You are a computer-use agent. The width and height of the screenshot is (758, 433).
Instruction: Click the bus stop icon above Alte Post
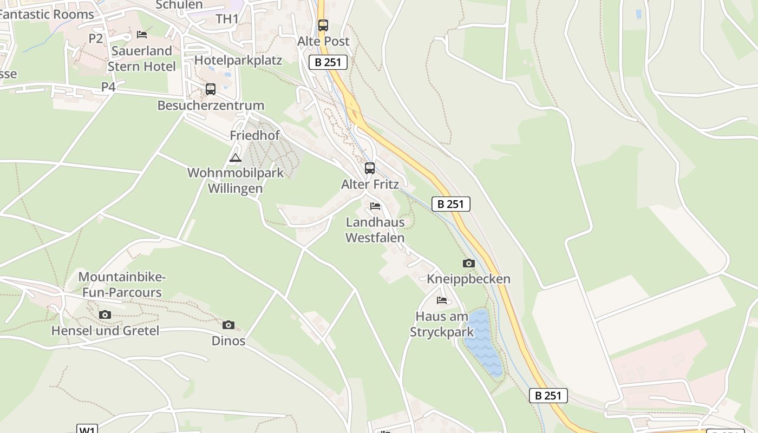pyautogui.click(x=323, y=25)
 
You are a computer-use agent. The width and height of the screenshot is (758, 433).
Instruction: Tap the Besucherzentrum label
pyautogui.click(x=211, y=105)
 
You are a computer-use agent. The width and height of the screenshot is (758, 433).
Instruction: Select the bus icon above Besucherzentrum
pyautogui.click(x=211, y=89)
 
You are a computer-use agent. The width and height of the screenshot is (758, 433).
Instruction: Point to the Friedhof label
pyautogui.click(x=254, y=135)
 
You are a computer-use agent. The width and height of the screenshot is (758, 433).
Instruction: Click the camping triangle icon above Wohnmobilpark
pyautogui.click(x=235, y=158)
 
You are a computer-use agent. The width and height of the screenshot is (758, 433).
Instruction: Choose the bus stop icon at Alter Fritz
pyautogui.click(x=370, y=168)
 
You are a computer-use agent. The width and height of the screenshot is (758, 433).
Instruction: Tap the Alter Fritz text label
pyautogui.click(x=370, y=184)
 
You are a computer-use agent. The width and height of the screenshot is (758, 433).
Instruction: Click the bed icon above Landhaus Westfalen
pyautogui.click(x=375, y=206)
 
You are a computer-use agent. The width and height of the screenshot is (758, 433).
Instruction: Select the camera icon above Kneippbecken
pyautogui.click(x=468, y=264)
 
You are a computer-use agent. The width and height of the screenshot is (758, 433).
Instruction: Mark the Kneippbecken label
pyautogui.click(x=468, y=279)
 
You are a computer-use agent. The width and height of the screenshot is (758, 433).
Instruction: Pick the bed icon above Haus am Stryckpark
pyautogui.click(x=442, y=300)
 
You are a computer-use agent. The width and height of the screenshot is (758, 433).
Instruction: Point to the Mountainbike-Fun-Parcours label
pyautogui.click(x=122, y=285)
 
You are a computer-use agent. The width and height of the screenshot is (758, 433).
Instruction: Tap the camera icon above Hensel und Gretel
pyautogui.click(x=105, y=314)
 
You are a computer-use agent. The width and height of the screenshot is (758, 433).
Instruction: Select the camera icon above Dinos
pyautogui.click(x=228, y=325)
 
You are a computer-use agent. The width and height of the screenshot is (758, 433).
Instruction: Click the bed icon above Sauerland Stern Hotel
pyautogui.click(x=142, y=35)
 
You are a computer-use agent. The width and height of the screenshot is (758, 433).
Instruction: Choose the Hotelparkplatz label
pyautogui.click(x=238, y=60)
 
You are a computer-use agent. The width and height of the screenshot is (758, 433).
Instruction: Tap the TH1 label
pyautogui.click(x=227, y=19)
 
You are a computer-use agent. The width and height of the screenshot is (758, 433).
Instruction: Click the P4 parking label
pyautogui.click(x=108, y=87)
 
